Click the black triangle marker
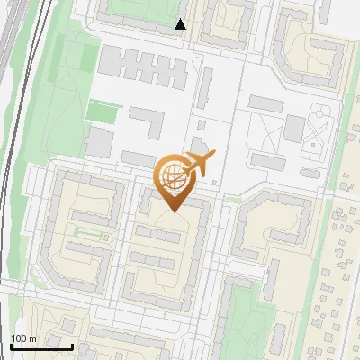181,24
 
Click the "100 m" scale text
23,338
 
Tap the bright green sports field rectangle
103,112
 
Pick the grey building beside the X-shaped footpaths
293,129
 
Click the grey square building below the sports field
97,141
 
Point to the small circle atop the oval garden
319,111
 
